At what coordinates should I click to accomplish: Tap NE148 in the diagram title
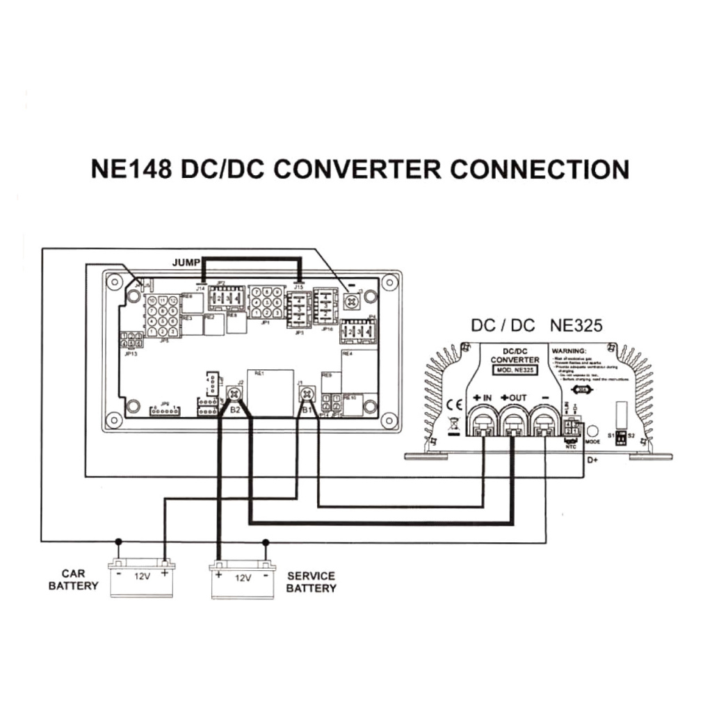click(131, 169)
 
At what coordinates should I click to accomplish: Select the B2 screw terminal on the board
click(235, 395)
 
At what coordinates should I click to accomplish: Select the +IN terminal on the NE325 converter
click(482, 421)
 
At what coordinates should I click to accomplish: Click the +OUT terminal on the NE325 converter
click(514, 421)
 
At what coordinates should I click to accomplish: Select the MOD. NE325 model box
click(515, 371)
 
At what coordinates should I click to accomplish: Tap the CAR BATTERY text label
click(73, 580)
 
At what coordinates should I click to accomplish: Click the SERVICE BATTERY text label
click(311, 582)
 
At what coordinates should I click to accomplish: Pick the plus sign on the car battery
click(165, 575)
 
